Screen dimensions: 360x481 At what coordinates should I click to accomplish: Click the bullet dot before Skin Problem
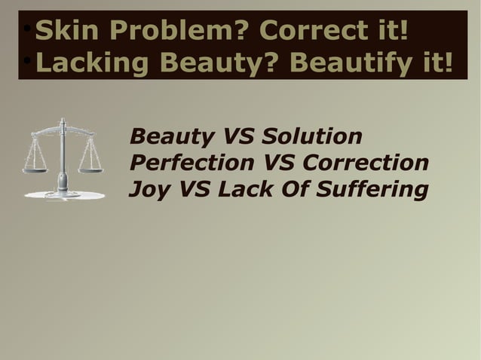pyautogui.click(x=26, y=30)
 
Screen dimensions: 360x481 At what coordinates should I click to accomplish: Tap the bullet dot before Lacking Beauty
pyautogui.click(x=26, y=62)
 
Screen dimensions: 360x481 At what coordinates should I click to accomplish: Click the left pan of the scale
pyautogui.click(x=35, y=170)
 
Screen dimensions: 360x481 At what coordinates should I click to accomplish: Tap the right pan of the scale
pyautogui.click(x=90, y=170)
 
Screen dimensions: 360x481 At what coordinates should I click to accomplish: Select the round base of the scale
pyautogui.click(x=63, y=195)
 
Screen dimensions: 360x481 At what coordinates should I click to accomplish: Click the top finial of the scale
pyautogui.click(x=63, y=121)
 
